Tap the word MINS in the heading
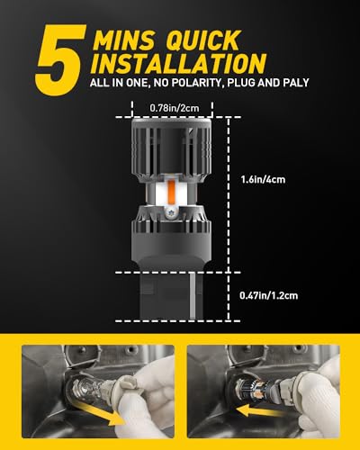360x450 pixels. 123,40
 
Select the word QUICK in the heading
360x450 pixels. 202,40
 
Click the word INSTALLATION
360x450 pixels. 178,64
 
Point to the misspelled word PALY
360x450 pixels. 296,83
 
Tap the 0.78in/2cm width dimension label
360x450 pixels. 175,108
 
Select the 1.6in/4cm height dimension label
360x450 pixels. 263,180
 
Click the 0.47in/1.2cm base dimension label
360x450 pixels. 269,296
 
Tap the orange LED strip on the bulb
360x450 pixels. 172,193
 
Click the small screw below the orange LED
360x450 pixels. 168,212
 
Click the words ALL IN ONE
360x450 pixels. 119,83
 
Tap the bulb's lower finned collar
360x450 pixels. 171,223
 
